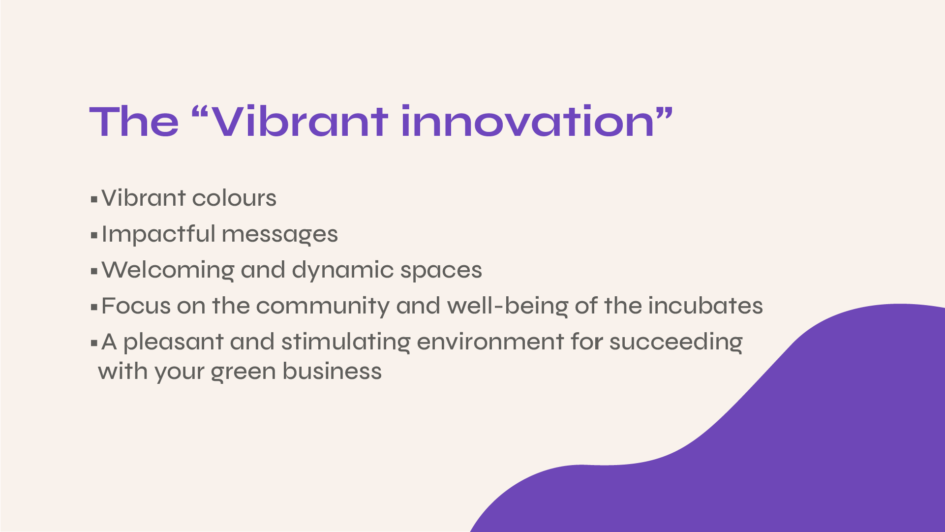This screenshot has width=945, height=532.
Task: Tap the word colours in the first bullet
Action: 234,198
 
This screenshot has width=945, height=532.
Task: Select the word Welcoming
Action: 168,270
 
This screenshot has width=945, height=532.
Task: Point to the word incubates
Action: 705,306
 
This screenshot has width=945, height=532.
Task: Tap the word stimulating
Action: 346,342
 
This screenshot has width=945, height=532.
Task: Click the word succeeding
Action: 676,342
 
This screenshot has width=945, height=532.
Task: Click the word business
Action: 332,371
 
